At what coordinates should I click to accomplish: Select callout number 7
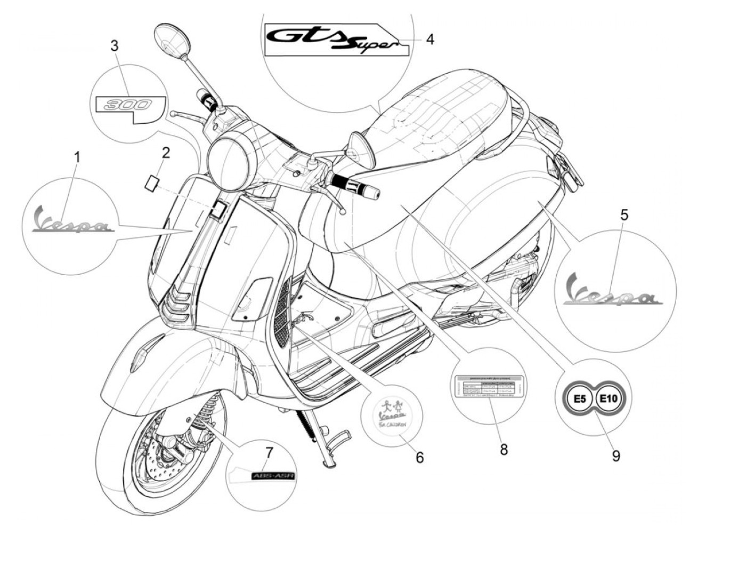[x=269, y=453]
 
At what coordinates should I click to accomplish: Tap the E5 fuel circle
[x=582, y=398]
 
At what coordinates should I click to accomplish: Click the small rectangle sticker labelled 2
[x=152, y=181]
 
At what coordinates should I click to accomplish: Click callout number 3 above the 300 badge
[x=115, y=46]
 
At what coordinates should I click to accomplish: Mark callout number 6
[x=419, y=457]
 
